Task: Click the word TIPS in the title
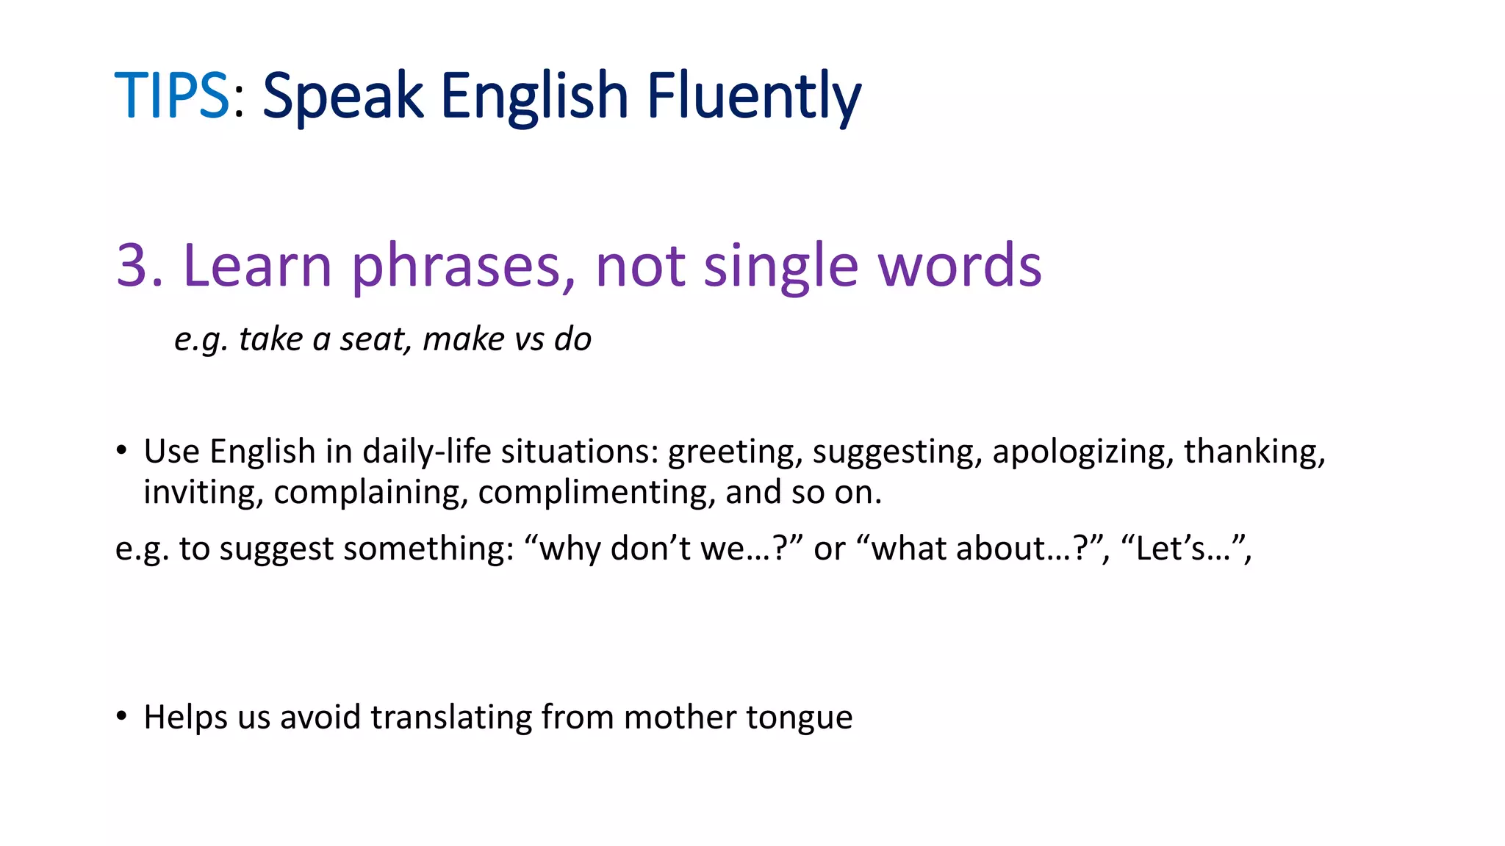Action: pyautogui.click(x=172, y=95)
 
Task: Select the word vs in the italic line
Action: pyautogui.click(x=526, y=339)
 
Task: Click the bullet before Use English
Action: pyautogui.click(x=122, y=450)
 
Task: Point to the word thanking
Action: pyautogui.click(x=1254, y=451)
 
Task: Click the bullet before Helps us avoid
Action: pyautogui.click(x=122, y=716)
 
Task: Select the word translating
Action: pyautogui.click(x=450, y=717)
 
